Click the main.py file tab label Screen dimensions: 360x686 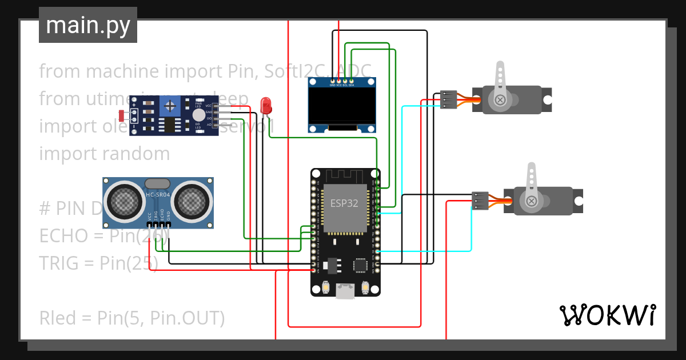(88, 25)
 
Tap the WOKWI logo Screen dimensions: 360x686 (607, 315)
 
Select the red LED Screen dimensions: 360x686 (266, 105)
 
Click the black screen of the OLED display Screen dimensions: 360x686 (342, 106)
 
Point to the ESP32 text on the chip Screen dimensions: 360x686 (345, 202)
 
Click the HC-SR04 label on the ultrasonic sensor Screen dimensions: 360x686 (158, 195)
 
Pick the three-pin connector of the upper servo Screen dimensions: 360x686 (449, 99)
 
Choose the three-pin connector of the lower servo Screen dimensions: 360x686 (480, 201)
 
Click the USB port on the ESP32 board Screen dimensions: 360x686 (345, 291)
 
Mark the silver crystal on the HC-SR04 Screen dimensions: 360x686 (157, 183)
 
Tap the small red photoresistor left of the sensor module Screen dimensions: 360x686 (122, 115)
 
